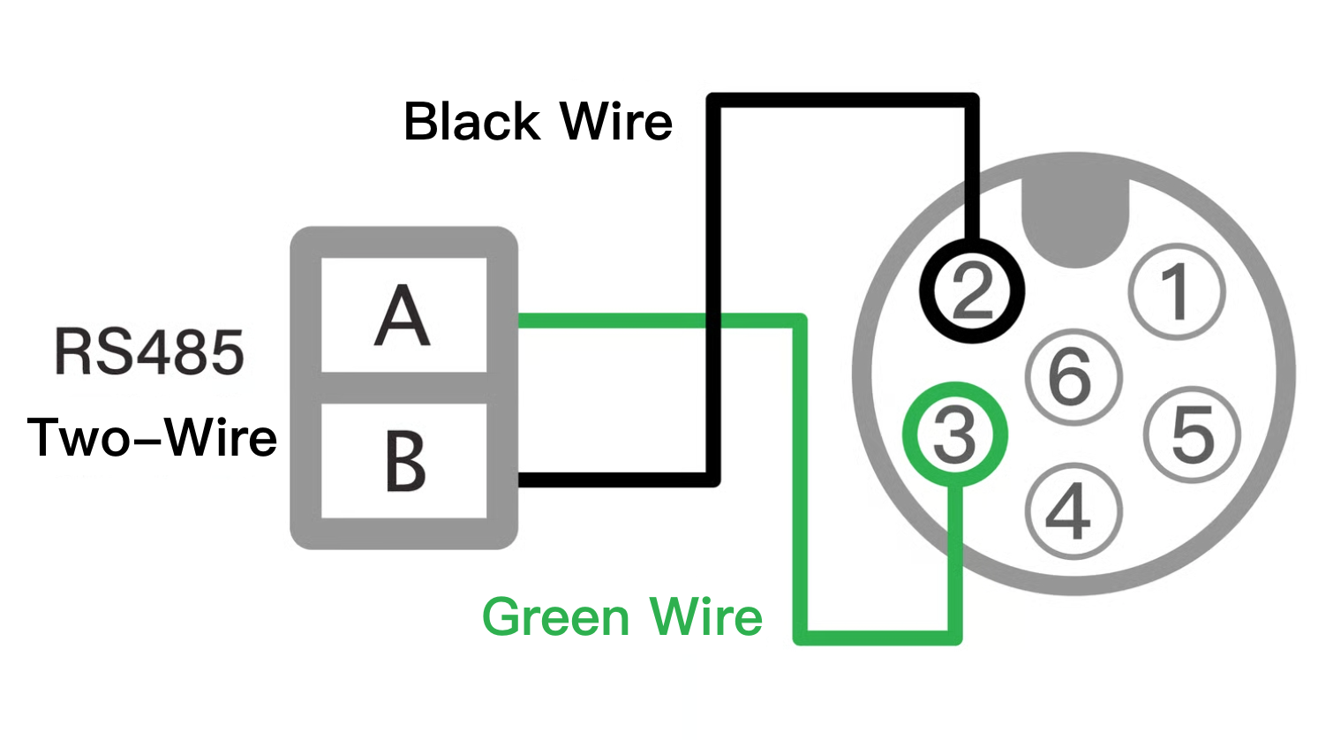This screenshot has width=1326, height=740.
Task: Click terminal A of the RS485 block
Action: point(403,315)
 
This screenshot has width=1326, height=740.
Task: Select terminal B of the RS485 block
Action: point(403,460)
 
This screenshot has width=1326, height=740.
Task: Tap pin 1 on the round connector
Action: point(1177,292)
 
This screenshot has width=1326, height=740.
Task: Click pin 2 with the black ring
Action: point(973,291)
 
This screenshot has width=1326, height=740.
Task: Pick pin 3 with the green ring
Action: point(954,434)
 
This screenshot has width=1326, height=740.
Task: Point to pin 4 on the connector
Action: point(1073,511)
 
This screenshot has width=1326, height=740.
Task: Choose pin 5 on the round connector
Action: point(1192,434)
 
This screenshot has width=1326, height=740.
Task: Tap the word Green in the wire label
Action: point(554,617)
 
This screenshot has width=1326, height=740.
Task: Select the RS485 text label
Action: point(149,352)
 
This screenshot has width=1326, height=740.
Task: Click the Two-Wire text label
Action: point(152,437)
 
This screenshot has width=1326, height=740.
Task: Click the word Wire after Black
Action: point(617,121)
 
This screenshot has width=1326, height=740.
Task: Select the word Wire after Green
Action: point(706,617)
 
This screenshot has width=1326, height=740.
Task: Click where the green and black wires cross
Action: point(713,321)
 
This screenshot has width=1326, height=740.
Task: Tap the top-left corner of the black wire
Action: point(714,101)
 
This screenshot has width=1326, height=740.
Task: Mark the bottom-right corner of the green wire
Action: point(954,638)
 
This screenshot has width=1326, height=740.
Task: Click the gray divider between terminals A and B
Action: point(403,388)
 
